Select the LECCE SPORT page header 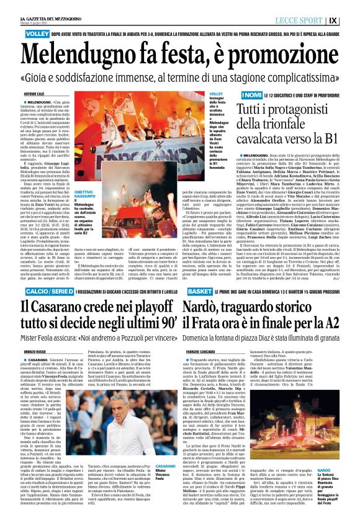(316, 19)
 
